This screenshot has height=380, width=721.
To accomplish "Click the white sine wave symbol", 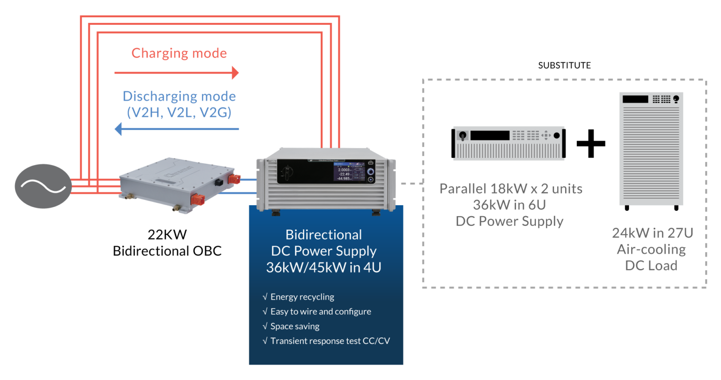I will click(43, 187).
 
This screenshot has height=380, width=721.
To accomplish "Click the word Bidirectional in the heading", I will click(324, 235).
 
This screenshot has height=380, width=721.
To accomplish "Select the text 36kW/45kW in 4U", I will click(323, 267).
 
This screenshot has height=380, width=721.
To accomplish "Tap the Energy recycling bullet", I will click(302, 297).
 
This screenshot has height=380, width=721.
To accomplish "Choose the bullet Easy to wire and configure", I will click(320, 311).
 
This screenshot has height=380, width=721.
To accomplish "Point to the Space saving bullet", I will click(294, 326).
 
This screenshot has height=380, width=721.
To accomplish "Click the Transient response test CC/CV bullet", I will click(330, 341).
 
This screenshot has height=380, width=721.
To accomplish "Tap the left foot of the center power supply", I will click(276, 212).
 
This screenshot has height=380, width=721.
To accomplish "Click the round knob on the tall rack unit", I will click(676, 99).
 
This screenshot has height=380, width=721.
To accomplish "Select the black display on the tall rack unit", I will click(635, 99).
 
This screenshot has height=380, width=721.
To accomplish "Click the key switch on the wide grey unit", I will click(462, 136).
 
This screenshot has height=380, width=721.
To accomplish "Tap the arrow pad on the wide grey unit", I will click(545, 136).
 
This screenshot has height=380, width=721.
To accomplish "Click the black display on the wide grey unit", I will click(490, 135).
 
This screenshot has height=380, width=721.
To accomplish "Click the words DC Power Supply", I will click(324, 251).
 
